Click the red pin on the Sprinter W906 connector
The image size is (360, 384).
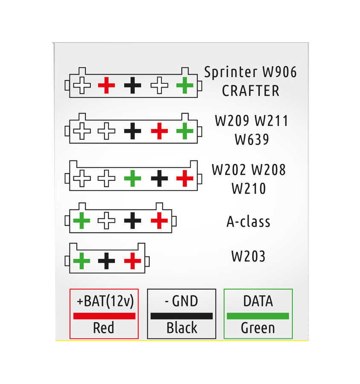tap(106, 86)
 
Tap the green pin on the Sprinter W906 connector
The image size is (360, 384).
tap(185, 86)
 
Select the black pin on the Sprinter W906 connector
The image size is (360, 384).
tap(133, 86)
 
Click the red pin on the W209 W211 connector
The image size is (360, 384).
tap(159, 131)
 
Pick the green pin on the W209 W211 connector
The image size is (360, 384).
tap(185, 131)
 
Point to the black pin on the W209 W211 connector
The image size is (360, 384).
tap(133, 131)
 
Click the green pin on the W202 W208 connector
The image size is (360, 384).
tap(133, 178)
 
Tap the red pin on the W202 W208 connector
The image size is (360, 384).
tap(185, 178)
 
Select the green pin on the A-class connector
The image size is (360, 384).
tap(81, 221)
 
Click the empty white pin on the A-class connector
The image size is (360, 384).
tap(106, 221)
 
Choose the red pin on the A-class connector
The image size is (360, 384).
tap(159, 221)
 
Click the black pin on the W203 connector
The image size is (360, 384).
tap(106, 261)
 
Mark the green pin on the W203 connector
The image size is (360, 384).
tap(81, 261)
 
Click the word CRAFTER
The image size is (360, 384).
tap(250, 91)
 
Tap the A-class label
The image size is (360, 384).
tap(248, 222)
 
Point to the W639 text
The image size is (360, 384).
tap(252, 140)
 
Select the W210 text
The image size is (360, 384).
tap(249, 188)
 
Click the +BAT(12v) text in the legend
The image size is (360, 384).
tap(105, 301)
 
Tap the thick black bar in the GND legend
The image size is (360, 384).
tap(181, 316)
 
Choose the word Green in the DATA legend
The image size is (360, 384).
tap(258, 328)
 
